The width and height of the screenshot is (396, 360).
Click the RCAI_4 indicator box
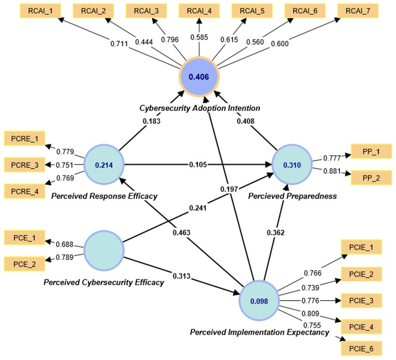[x=199, y=9]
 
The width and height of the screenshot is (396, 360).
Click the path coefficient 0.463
[x=182, y=231]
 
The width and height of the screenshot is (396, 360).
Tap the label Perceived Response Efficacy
[x=104, y=196]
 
